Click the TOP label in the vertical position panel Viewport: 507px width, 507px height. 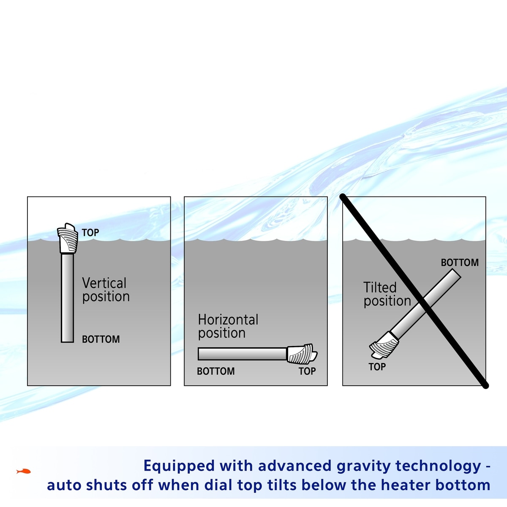click(90, 232)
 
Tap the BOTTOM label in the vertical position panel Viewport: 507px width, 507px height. click(101, 339)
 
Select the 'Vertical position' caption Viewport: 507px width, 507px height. click(106, 290)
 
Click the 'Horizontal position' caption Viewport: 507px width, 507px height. click(228, 326)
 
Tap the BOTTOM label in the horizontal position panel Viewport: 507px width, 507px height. click(215, 371)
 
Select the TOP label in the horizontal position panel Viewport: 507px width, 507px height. click(307, 371)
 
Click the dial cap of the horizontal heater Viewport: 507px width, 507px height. click(301, 354)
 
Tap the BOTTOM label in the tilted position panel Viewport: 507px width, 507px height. click(460, 263)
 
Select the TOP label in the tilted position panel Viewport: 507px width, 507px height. click(377, 367)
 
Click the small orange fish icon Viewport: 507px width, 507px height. click(24, 471)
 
